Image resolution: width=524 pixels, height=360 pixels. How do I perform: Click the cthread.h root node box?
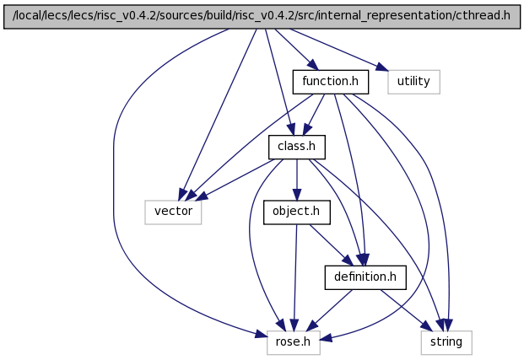(x=262, y=17)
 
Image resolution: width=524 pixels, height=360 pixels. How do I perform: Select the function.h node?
(x=331, y=82)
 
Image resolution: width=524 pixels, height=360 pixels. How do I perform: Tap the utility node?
(x=413, y=82)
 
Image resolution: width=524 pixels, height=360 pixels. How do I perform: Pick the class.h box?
(x=297, y=147)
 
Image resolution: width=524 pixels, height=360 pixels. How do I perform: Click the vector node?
(x=173, y=212)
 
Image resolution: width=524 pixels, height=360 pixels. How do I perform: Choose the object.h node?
(x=297, y=212)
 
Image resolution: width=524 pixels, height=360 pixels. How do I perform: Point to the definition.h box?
(x=365, y=277)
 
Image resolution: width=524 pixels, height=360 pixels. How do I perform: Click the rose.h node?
(x=294, y=342)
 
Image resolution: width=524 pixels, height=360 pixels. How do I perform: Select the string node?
(x=446, y=342)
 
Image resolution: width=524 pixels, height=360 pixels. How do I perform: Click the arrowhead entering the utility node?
(x=382, y=67)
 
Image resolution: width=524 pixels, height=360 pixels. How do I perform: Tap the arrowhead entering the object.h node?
(x=297, y=195)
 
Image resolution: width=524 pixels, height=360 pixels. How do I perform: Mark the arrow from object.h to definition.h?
(x=332, y=245)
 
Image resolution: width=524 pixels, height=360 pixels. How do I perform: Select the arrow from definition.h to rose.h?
(x=329, y=310)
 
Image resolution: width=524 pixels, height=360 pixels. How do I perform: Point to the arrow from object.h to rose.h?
(x=295, y=277)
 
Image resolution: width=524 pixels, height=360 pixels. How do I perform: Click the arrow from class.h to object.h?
(x=297, y=180)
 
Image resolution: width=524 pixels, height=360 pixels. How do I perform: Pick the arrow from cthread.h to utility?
(x=339, y=50)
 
